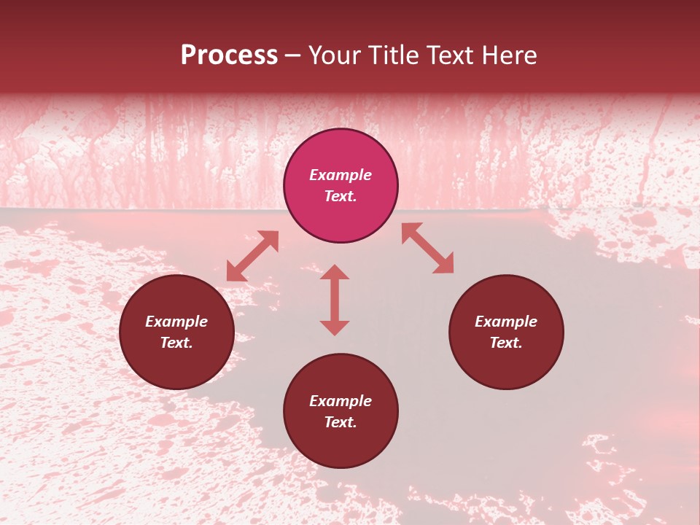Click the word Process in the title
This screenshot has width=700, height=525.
click(229, 55)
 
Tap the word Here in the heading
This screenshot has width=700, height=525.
click(507, 55)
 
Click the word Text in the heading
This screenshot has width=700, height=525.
click(447, 55)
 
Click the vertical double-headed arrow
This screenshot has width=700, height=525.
click(335, 300)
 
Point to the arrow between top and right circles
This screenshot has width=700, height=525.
click(427, 248)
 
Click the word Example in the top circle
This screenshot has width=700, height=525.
click(341, 175)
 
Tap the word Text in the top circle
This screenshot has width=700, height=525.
click(341, 196)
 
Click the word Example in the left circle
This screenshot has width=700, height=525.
click(176, 322)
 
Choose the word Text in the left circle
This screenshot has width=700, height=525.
click(176, 343)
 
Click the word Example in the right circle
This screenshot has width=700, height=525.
click(506, 322)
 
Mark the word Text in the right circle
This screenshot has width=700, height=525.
click(506, 343)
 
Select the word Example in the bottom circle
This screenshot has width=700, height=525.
click(341, 401)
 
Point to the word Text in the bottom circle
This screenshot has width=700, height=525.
click(341, 422)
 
